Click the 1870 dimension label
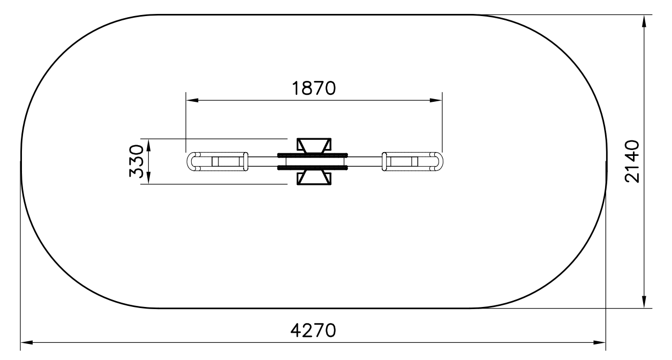(x=313, y=88)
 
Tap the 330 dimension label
(x=137, y=161)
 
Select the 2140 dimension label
(x=632, y=161)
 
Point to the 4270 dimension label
(x=313, y=331)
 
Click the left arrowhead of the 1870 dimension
(x=192, y=100)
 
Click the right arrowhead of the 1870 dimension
(x=436, y=100)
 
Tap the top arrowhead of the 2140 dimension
(x=644, y=21)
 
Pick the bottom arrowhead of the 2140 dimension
(x=644, y=302)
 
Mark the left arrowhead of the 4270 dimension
(x=27, y=342)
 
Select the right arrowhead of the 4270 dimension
(x=599, y=342)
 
